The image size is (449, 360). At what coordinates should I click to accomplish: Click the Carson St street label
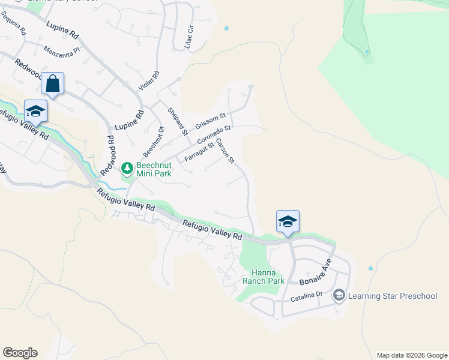[x=225, y=151]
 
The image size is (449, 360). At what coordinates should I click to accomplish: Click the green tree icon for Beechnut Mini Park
[x=127, y=167]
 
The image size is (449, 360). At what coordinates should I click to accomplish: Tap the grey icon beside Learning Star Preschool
[x=339, y=296]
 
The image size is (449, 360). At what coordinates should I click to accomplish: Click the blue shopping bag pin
[x=53, y=83]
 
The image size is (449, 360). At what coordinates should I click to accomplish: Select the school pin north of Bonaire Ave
[x=288, y=221]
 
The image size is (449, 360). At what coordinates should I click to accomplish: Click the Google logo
[x=20, y=353]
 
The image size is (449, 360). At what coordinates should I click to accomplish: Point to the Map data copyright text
[x=412, y=355]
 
